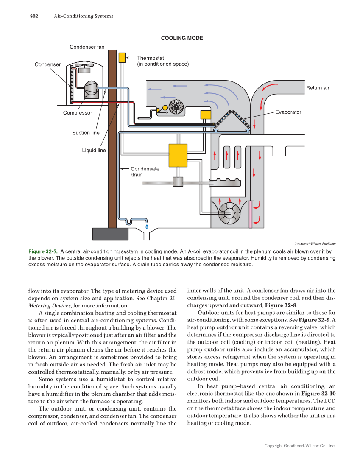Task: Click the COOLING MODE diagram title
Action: pyautogui.click(x=182, y=38)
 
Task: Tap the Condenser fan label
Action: pyautogui.click(x=87, y=47)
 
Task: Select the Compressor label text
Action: pyautogui.click(x=78, y=113)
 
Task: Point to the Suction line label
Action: pyautogui.click(x=86, y=133)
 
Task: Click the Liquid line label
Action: pyautogui.click(x=94, y=150)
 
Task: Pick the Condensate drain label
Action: pyautogui.click(x=145, y=172)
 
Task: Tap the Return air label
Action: pyautogui.click(x=318, y=88)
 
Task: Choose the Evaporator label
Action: pyautogui.click(x=288, y=112)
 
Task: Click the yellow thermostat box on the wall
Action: pyautogui.click(x=122, y=58)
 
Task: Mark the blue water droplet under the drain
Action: pyautogui.click(x=147, y=226)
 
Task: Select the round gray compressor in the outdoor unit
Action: pyautogui.click(x=91, y=88)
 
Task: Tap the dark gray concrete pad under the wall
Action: pyautogui.click(x=110, y=234)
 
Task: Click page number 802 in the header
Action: pyautogui.click(x=34, y=16)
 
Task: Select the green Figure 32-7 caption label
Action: pyautogui.click(x=43, y=251)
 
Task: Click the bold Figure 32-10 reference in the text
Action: pyautogui.click(x=319, y=394)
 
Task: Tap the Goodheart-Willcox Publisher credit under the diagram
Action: pyautogui.click(x=315, y=244)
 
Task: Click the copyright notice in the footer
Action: pyautogui.click(x=299, y=446)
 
